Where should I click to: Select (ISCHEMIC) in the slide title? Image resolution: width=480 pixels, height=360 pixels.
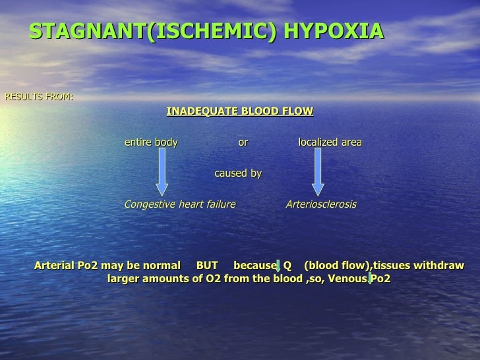[x=212, y=31]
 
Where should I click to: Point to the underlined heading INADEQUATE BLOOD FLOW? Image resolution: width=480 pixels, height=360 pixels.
[x=240, y=111]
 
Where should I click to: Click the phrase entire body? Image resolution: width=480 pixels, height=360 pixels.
[x=151, y=142]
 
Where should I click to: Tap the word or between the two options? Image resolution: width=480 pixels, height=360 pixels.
[x=243, y=142]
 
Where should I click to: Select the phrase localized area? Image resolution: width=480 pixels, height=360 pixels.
[x=330, y=142]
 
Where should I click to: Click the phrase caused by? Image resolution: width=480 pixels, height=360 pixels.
[x=238, y=173]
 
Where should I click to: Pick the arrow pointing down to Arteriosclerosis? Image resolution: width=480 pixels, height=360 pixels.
[x=317, y=171]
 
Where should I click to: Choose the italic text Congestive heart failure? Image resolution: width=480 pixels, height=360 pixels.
[x=180, y=204]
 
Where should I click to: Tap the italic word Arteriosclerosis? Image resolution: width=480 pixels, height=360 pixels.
[x=320, y=204]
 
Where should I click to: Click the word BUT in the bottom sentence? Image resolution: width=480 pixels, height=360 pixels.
[x=207, y=266]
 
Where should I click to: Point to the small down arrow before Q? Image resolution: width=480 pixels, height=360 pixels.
[x=278, y=266]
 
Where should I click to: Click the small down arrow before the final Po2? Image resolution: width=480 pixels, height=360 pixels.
[x=370, y=280]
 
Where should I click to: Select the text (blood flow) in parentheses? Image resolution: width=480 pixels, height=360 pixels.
[x=337, y=266]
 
